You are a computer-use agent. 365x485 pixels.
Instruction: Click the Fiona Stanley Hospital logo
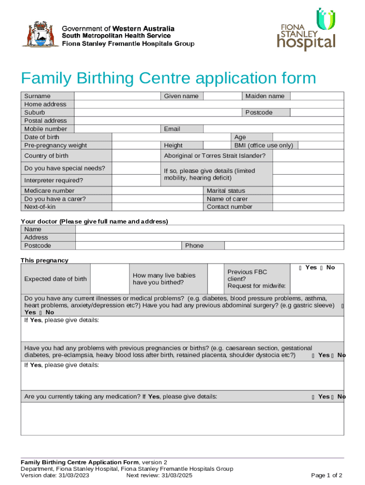(x=306, y=30)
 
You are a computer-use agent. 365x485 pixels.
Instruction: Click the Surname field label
(x=37, y=96)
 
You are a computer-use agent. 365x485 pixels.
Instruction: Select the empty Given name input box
(x=223, y=96)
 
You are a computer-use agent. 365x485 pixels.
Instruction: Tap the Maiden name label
(x=265, y=96)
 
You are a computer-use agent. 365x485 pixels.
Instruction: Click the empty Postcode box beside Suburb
(x=317, y=112)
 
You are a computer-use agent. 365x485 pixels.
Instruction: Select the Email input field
(x=274, y=129)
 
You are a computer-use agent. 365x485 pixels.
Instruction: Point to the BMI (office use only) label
(x=264, y=145)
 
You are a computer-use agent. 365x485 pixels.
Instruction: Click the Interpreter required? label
(x=54, y=180)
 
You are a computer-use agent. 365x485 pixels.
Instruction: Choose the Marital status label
(x=226, y=191)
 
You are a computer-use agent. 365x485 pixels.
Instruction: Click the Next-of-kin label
(x=40, y=207)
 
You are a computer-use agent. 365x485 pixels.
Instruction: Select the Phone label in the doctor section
(x=194, y=245)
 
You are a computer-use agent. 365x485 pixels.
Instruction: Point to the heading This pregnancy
(x=45, y=260)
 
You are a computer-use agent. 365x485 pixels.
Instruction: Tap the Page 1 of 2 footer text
(x=327, y=476)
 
